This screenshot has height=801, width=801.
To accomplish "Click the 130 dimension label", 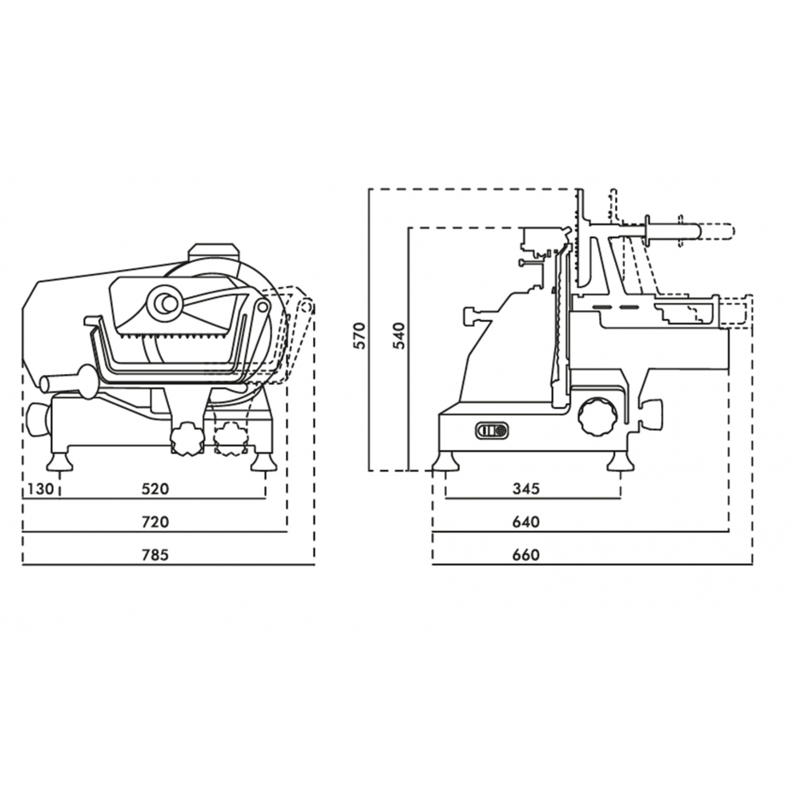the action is click(x=40, y=489).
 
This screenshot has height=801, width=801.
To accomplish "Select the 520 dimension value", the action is click(x=155, y=489).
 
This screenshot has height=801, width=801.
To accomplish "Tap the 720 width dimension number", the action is click(x=155, y=522).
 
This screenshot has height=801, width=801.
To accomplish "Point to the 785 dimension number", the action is click(x=155, y=555).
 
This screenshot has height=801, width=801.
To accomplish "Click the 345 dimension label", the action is click(x=525, y=489).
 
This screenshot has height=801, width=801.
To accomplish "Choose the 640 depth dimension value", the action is click(x=525, y=522).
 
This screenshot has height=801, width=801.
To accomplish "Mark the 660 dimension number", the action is click(x=525, y=555).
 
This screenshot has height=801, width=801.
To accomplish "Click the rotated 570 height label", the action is click(x=360, y=336).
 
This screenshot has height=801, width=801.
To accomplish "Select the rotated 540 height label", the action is click(x=400, y=336).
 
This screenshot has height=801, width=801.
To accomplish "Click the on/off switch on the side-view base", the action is click(x=492, y=431).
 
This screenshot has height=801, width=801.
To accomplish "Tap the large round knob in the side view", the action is click(x=595, y=417).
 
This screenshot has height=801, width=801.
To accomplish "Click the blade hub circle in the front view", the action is click(x=163, y=303).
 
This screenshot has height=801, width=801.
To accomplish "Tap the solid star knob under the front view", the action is click(x=187, y=438).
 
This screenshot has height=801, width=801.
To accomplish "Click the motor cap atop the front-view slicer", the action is click(x=214, y=253).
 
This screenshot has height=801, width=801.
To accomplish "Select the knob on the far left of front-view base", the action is click(x=38, y=420).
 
